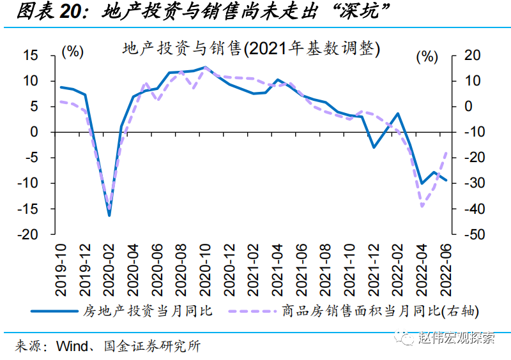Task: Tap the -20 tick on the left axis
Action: point(27,234)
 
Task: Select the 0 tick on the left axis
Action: point(36,132)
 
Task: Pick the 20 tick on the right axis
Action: point(472,56)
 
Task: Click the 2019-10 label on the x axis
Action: point(62,271)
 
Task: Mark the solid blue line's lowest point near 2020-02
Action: point(109,215)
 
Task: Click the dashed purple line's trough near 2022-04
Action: point(422,206)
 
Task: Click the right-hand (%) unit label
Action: point(427,56)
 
